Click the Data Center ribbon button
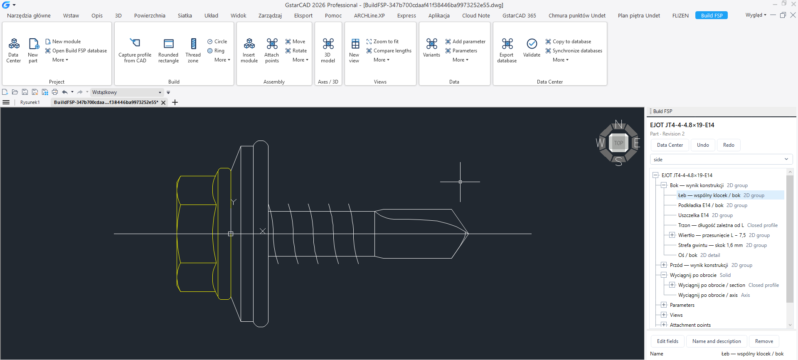[x=13, y=50]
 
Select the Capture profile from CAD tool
[x=135, y=50]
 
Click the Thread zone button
[x=193, y=50]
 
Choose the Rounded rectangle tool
[x=168, y=50]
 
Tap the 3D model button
[x=328, y=50]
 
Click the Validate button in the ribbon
[x=532, y=48]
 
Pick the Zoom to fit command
[x=382, y=42]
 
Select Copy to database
[x=568, y=42]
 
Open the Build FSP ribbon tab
[x=712, y=15]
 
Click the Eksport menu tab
[x=303, y=15]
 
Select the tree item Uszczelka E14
[x=693, y=215]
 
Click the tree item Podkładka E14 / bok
[x=701, y=205]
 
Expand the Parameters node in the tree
[x=664, y=305]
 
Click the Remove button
[x=764, y=341]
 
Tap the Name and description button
[x=717, y=341]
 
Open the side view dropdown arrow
[x=786, y=159]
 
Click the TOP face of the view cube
[x=618, y=143]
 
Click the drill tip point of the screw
[x=468, y=234]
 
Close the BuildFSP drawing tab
[x=163, y=103]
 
